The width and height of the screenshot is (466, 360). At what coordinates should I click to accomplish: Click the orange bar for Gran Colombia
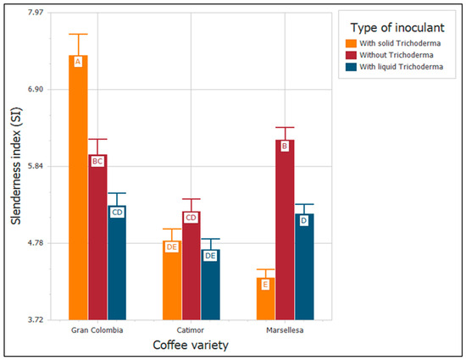(78, 187)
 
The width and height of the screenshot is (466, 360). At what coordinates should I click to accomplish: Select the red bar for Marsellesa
(285, 230)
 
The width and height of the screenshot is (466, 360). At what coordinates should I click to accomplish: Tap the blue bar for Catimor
(210, 285)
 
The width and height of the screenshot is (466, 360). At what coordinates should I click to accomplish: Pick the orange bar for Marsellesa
(266, 299)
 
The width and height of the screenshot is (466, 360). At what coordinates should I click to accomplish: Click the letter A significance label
(78, 62)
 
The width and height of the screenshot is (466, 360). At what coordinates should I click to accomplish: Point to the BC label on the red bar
(97, 161)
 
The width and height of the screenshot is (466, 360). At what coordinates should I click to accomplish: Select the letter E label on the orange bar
(265, 285)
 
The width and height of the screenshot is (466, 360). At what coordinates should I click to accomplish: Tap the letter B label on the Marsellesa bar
(285, 147)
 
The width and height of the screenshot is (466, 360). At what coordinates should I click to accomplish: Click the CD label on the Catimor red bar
(191, 218)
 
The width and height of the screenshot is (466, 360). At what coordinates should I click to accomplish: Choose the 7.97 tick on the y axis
(36, 13)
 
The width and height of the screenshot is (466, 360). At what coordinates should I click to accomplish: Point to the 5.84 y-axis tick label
(36, 166)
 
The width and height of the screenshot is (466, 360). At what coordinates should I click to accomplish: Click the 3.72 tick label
(36, 320)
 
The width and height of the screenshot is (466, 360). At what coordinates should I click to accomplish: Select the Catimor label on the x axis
(191, 330)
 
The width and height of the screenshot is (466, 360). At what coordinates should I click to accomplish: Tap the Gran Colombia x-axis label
(97, 330)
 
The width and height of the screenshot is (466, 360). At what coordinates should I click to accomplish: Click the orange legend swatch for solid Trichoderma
(351, 43)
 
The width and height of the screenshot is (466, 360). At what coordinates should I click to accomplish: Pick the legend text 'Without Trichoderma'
(397, 55)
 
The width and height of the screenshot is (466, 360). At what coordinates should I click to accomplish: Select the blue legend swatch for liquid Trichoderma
(351, 67)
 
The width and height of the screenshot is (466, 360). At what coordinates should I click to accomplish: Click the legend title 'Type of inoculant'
(397, 28)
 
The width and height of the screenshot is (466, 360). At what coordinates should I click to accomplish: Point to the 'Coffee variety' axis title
(191, 345)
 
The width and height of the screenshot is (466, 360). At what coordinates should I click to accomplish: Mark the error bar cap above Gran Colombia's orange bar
(78, 34)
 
